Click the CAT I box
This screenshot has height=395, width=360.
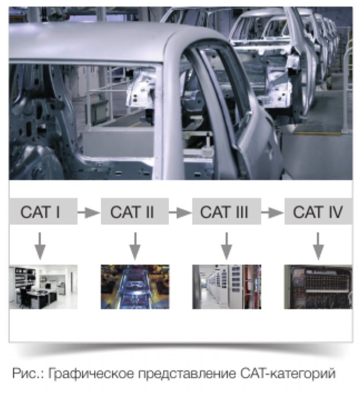point(43,211)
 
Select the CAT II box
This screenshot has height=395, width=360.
point(135,211)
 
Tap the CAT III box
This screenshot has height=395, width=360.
point(226,211)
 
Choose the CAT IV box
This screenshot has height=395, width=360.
point(318,211)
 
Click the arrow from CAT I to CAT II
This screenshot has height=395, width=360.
point(89,213)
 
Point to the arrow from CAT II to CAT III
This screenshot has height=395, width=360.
point(180,213)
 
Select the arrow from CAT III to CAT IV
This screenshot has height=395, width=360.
point(273,213)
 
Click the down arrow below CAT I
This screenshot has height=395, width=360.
point(40,246)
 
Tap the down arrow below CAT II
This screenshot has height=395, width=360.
point(135,246)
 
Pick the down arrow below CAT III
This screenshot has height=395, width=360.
point(226,246)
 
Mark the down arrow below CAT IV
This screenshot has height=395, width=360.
point(318,246)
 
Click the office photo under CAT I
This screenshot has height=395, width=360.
point(43,287)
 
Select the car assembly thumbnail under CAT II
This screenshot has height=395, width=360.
point(135,287)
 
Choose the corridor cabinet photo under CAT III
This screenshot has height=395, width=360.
point(226,287)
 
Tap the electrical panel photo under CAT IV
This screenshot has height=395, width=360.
point(318,287)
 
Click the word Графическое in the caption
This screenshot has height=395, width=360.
point(91,374)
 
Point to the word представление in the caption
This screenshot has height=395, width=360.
point(187,374)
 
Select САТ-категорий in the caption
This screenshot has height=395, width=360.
point(288,374)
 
